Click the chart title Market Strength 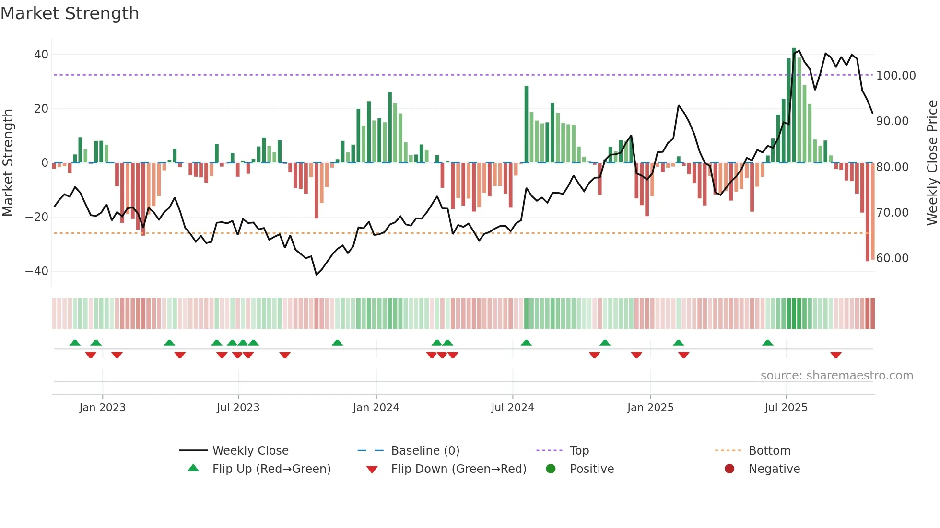click(70, 13)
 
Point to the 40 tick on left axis click(41, 55)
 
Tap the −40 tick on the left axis click(37, 271)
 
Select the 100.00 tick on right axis click(895, 76)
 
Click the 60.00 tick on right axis click(892, 258)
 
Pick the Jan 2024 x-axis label click(376, 408)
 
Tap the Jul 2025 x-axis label click(786, 408)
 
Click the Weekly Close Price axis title click(932, 162)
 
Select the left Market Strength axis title click(8, 162)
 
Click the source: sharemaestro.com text click(836, 376)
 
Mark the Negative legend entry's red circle click(729, 469)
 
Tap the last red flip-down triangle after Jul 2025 click(836, 355)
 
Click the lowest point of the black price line click(317, 275)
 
